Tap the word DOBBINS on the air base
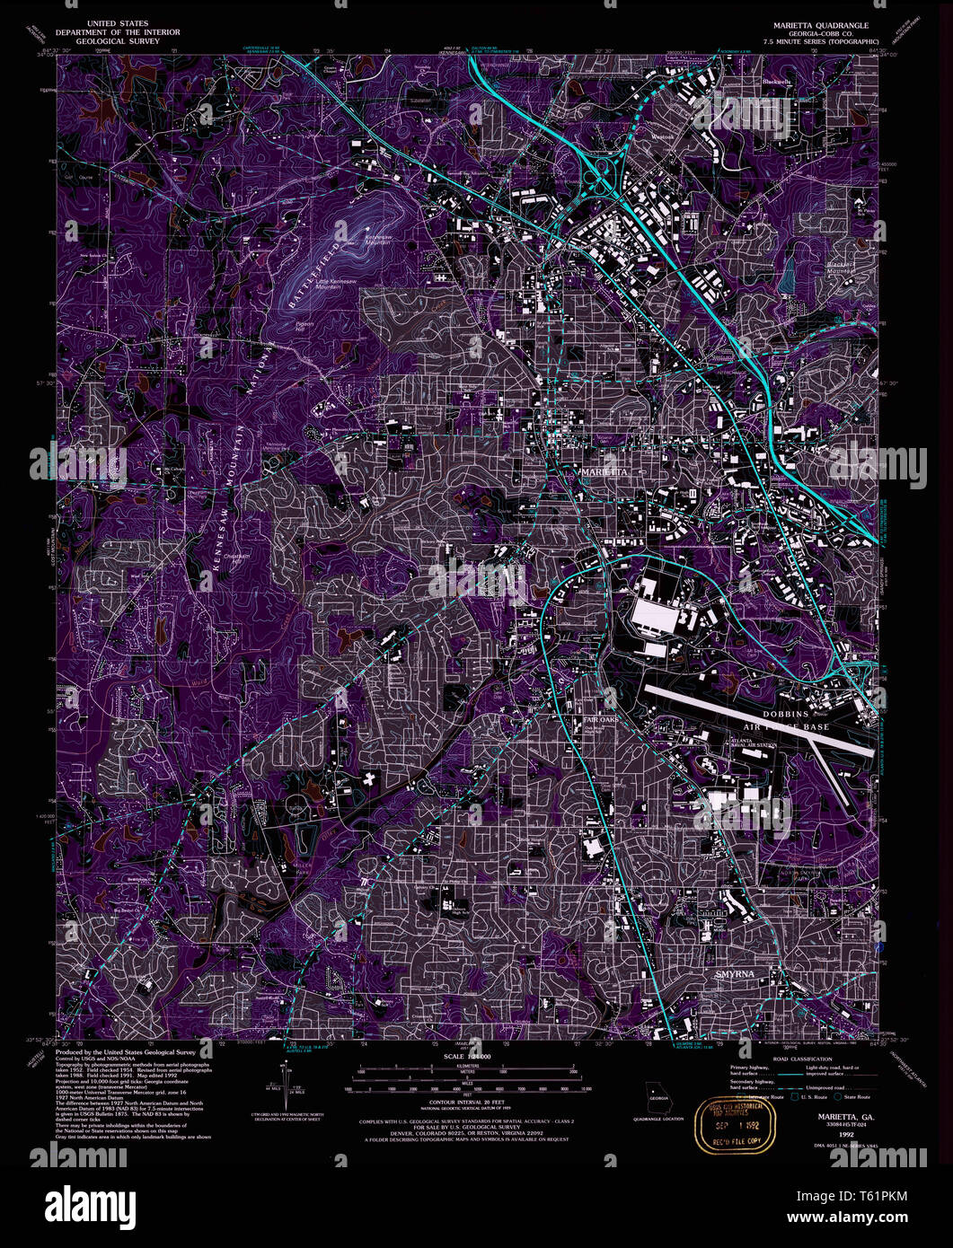(787, 713)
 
